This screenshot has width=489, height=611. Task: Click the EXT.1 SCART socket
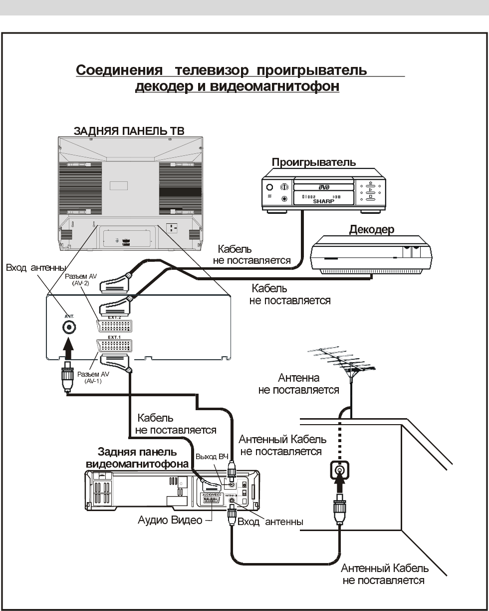click(114, 346)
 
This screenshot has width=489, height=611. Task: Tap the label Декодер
click(371, 230)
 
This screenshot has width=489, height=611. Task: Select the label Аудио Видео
click(170, 521)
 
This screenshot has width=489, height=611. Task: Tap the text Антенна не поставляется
click(299, 384)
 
